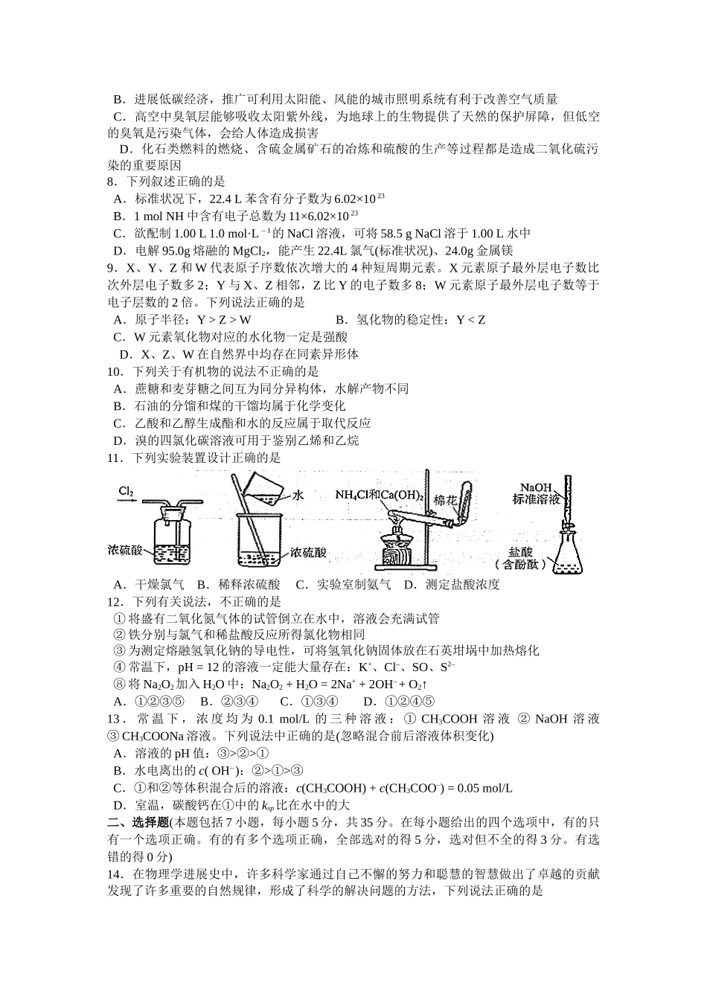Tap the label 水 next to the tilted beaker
tap(298, 495)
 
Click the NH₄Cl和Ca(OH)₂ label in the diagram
tap(380, 495)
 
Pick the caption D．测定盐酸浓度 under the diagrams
tap(452, 584)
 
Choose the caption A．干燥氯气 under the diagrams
tap(149, 584)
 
